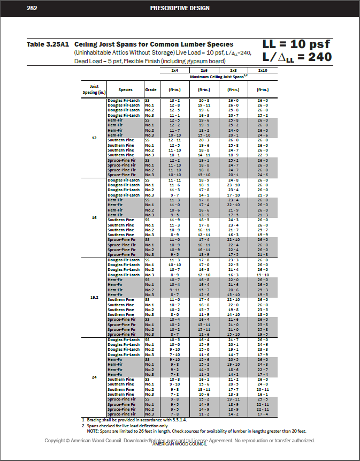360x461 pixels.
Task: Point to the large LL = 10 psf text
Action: (296, 44)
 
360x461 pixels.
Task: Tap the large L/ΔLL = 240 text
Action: (297, 57)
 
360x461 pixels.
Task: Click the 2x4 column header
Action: (175, 70)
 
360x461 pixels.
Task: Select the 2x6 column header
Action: (204, 70)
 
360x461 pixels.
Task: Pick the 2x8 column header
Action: (233, 70)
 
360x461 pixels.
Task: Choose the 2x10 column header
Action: (263, 70)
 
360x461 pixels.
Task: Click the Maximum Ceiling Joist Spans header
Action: (219, 77)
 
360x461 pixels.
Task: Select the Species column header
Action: (126, 89)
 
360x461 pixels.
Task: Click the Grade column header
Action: (151, 89)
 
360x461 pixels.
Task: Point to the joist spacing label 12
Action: (94, 138)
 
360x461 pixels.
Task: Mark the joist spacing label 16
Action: (94, 218)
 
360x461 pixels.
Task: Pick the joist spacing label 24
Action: (94, 377)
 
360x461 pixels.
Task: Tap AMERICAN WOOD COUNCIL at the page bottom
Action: (180, 444)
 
